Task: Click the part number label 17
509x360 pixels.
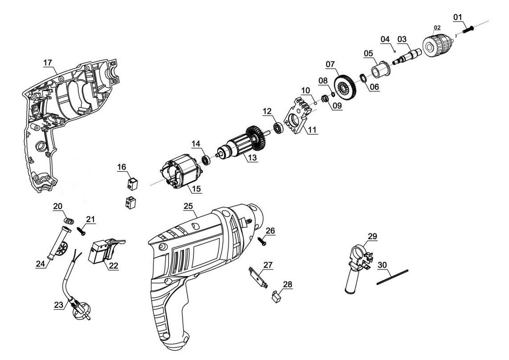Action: [x=48, y=63]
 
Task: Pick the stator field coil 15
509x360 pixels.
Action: [x=178, y=171]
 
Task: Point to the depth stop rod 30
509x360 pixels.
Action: [x=392, y=277]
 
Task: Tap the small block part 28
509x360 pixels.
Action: [x=276, y=296]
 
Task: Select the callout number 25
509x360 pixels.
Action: [x=188, y=206]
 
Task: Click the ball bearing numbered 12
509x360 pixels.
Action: [x=279, y=128]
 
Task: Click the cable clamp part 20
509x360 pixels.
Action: [x=68, y=220]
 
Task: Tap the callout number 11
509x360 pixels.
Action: [x=312, y=130]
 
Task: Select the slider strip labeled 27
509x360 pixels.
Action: [x=257, y=277]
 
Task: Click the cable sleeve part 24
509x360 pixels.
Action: [x=57, y=243]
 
